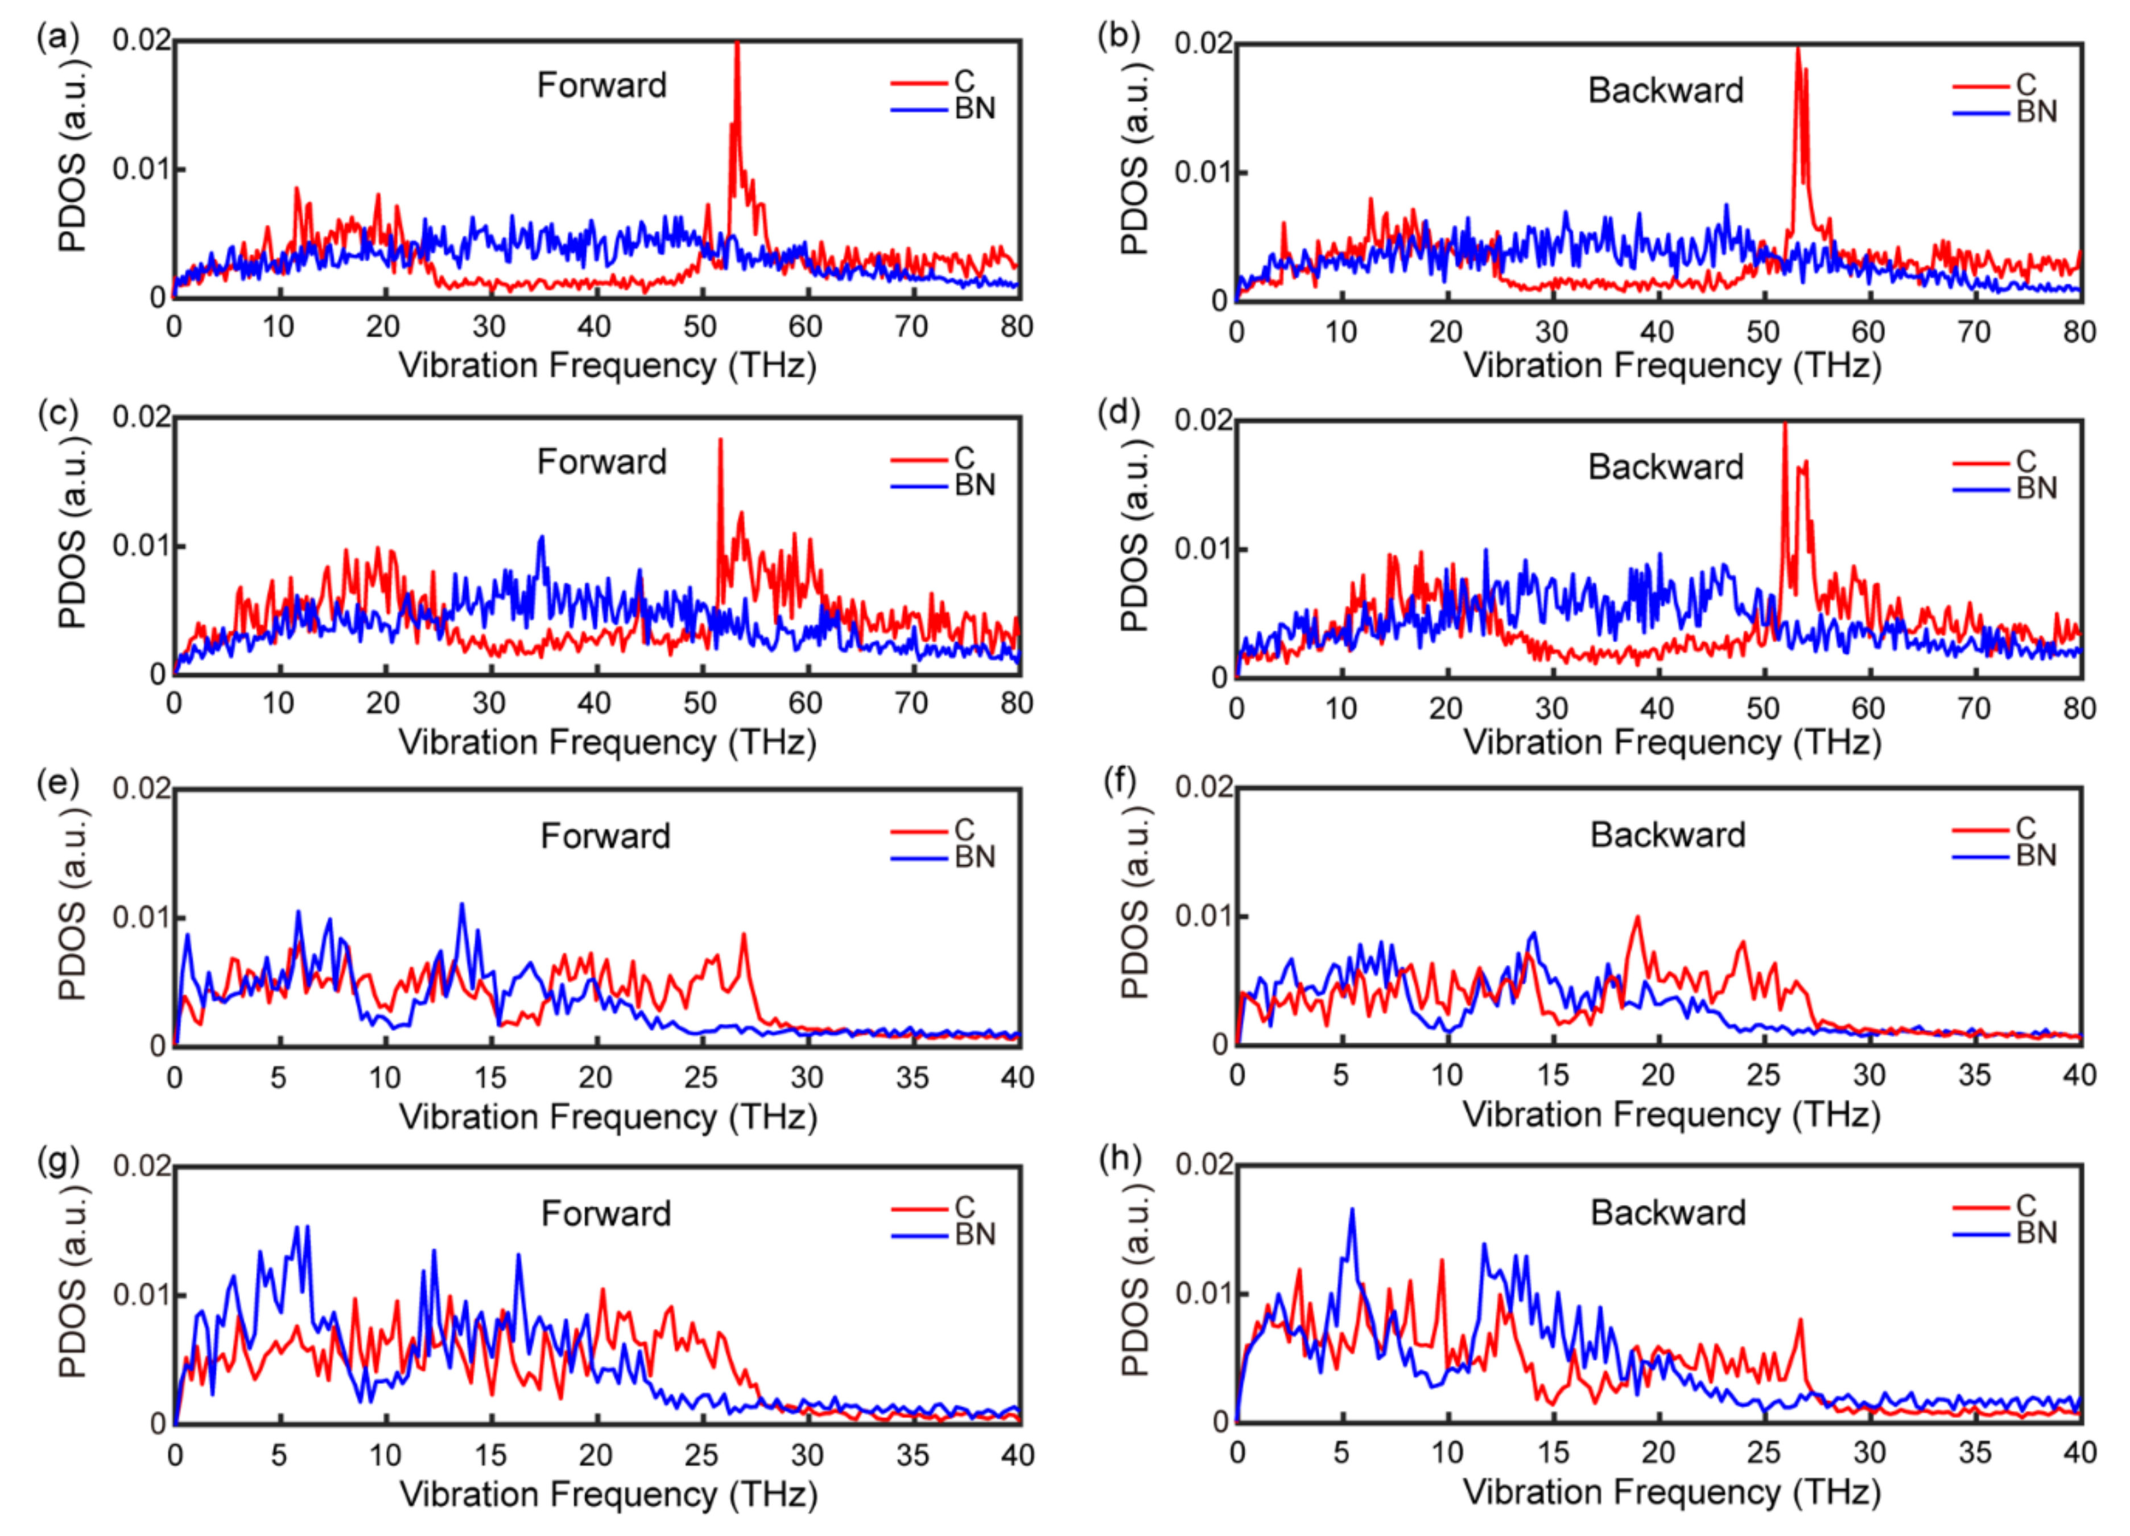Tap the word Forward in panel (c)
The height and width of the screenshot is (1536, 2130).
pos(601,462)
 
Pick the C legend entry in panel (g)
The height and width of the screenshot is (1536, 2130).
pos(964,1207)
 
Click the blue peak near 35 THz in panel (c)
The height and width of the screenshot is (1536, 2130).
pos(541,538)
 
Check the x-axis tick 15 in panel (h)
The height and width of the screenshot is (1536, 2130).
pos(1553,1452)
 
